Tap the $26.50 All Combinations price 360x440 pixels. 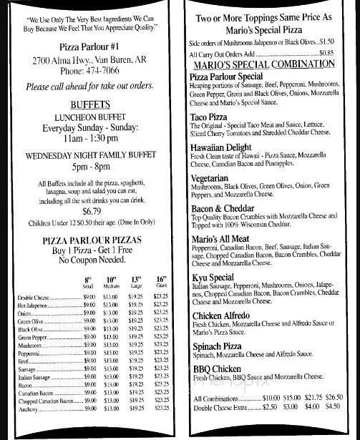tap(334, 398)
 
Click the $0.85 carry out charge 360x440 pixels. tap(326, 52)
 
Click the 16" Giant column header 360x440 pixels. tap(162, 282)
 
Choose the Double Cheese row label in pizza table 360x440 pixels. tap(34, 297)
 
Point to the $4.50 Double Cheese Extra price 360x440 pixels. tap(333, 406)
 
